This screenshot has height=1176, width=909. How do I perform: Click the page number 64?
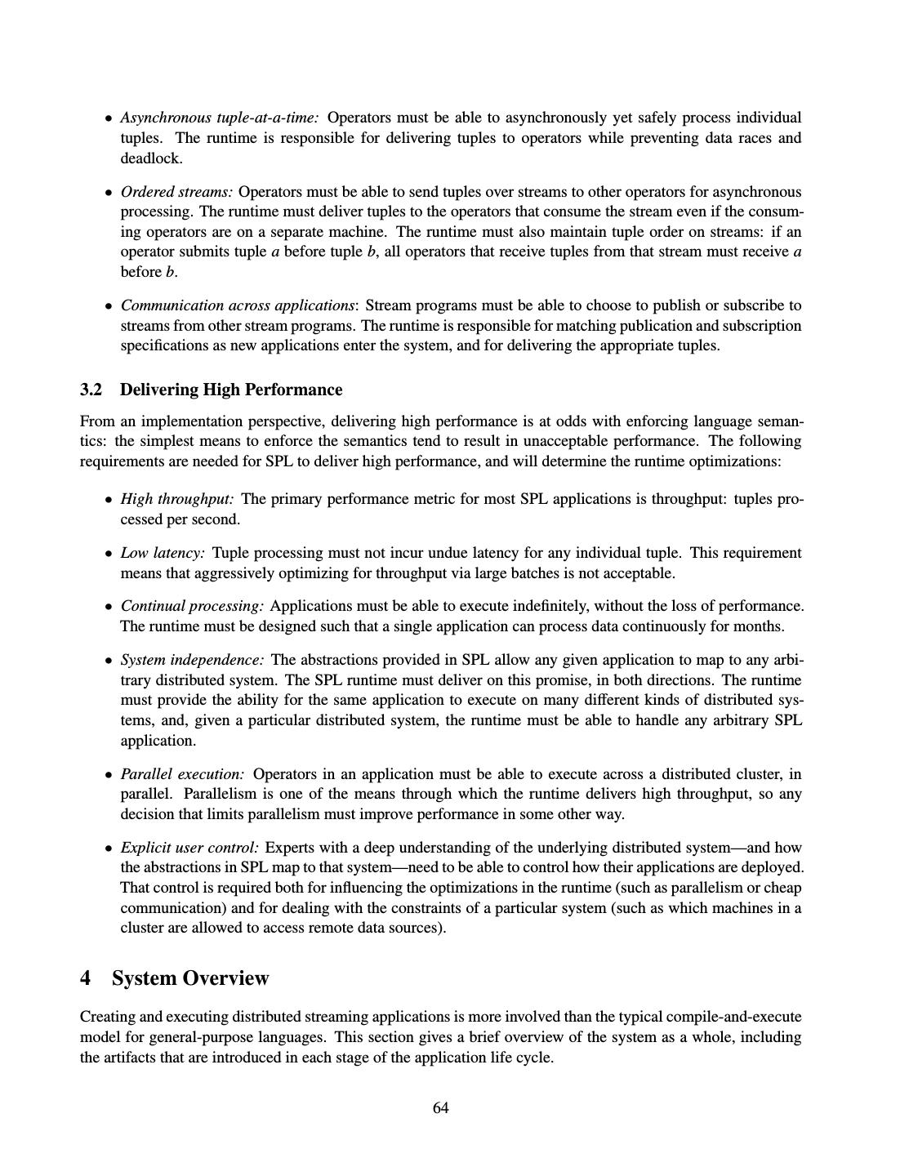[441, 1108]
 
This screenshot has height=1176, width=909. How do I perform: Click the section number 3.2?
[91, 390]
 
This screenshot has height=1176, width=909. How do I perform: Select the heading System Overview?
[190, 978]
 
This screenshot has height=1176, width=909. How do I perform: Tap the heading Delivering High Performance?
[231, 390]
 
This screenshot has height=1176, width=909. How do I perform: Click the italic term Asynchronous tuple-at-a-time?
[220, 118]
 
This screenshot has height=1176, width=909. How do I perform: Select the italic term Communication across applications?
[238, 305]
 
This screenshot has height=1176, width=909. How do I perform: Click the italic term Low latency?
[163, 553]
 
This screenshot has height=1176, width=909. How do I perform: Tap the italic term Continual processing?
[192, 606]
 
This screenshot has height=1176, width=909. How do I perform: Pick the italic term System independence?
[192, 660]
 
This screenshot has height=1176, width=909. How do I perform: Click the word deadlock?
[150, 158]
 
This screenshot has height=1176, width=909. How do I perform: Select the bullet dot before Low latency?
[109, 554]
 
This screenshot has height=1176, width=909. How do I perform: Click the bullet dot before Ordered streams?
[109, 193]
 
